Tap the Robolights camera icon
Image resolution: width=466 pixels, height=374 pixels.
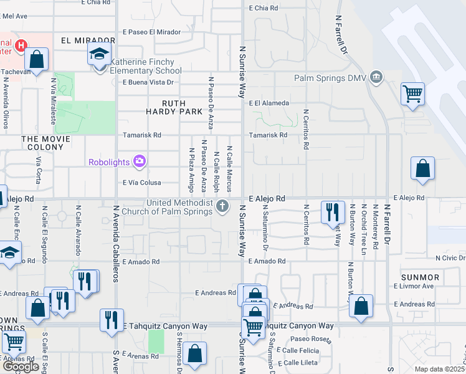point(140,162)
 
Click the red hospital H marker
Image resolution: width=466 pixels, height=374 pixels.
point(21,46)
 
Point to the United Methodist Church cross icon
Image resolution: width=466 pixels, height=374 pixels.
point(223,206)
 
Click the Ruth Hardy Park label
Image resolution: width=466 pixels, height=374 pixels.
point(183,107)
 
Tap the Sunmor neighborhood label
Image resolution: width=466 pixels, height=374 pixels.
point(421,277)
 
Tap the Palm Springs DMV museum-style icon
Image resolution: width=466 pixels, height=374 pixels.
point(376,78)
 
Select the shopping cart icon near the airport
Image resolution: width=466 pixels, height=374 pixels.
point(412,93)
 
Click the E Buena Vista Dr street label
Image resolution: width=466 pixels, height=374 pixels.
point(148,82)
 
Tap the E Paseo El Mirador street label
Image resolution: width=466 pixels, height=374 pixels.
point(151,32)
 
